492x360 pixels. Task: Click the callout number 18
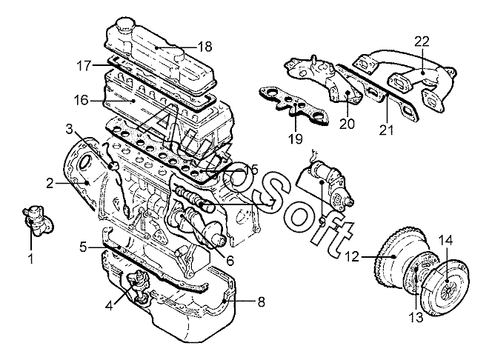tap(205, 47)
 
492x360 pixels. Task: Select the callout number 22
tap(422, 41)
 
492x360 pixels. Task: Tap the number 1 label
tap(31, 259)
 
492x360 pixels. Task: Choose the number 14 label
tap(445, 241)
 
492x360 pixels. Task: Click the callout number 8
tap(261, 301)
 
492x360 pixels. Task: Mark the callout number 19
tap(295, 139)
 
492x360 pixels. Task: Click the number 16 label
tap(82, 101)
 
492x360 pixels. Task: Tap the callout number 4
tap(109, 306)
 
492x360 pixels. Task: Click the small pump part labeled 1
tap(38, 221)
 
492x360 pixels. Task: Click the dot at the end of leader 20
tap(348, 92)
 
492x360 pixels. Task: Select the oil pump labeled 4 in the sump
tap(138, 284)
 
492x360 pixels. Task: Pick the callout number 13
tap(416, 317)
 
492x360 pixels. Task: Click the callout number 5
tap(83, 247)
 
